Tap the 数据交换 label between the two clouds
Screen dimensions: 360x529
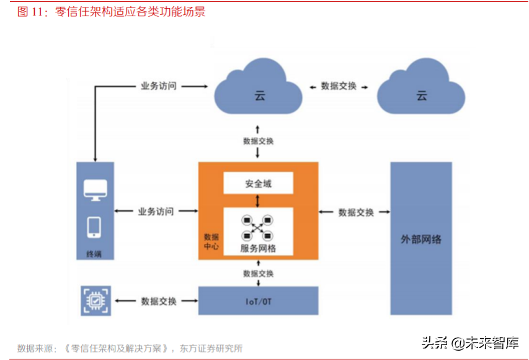(x=339, y=86)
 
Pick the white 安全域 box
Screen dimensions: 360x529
(x=258, y=184)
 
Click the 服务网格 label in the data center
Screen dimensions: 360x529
(x=258, y=248)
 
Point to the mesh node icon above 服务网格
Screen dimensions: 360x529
(x=258, y=227)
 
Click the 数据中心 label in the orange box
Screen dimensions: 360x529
(x=211, y=242)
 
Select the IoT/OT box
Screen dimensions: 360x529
(x=258, y=302)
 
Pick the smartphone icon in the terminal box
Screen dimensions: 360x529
(x=95, y=227)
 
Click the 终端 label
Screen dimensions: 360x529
(x=94, y=253)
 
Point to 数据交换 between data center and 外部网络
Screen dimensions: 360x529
(x=356, y=212)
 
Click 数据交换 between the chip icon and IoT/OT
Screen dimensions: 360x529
(x=159, y=301)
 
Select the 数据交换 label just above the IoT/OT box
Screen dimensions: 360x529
(x=258, y=273)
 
